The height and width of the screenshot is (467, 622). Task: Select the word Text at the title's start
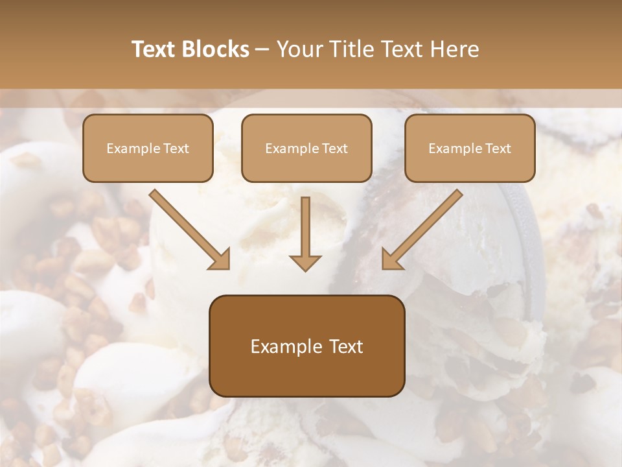[x=155, y=49]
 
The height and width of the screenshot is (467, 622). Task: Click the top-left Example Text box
[x=148, y=148]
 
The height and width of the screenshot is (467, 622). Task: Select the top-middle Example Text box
[x=306, y=148]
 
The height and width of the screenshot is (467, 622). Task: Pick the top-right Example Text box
[x=470, y=148]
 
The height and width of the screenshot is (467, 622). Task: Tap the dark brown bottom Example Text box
[x=306, y=346]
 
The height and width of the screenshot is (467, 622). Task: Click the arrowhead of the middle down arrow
[x=305, y=262]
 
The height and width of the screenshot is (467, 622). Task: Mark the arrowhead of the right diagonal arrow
[x=392, y=259]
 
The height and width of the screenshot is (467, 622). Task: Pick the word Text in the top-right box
[x=497, y=149]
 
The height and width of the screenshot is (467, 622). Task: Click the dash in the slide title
[x=262, y=49]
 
